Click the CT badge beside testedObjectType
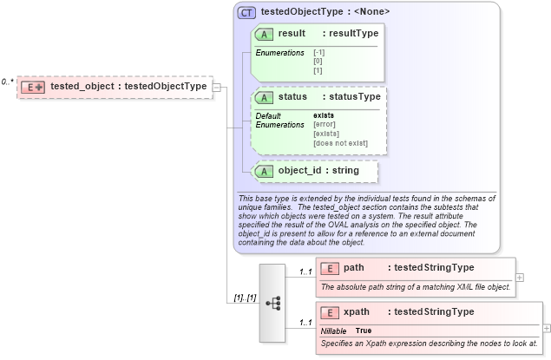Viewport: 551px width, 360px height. click(247, 12)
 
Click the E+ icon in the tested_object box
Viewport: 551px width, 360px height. click(34, 87)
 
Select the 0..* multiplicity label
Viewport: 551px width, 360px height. click(7, 82)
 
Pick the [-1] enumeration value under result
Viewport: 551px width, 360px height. click(318, 53)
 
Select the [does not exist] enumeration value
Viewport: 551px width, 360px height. click(340, 143)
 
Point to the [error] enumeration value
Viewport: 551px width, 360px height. click(325, 124)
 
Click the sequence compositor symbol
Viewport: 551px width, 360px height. click(272, 303)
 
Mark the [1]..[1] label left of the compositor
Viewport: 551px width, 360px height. click(245, 298)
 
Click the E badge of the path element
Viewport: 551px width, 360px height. click(329, 268)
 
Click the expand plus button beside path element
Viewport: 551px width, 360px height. click(520, 278)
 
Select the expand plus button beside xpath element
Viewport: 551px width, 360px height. click(546, 329)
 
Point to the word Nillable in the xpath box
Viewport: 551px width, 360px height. click(334, 331)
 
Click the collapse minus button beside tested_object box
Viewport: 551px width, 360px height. click(217, 87)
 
